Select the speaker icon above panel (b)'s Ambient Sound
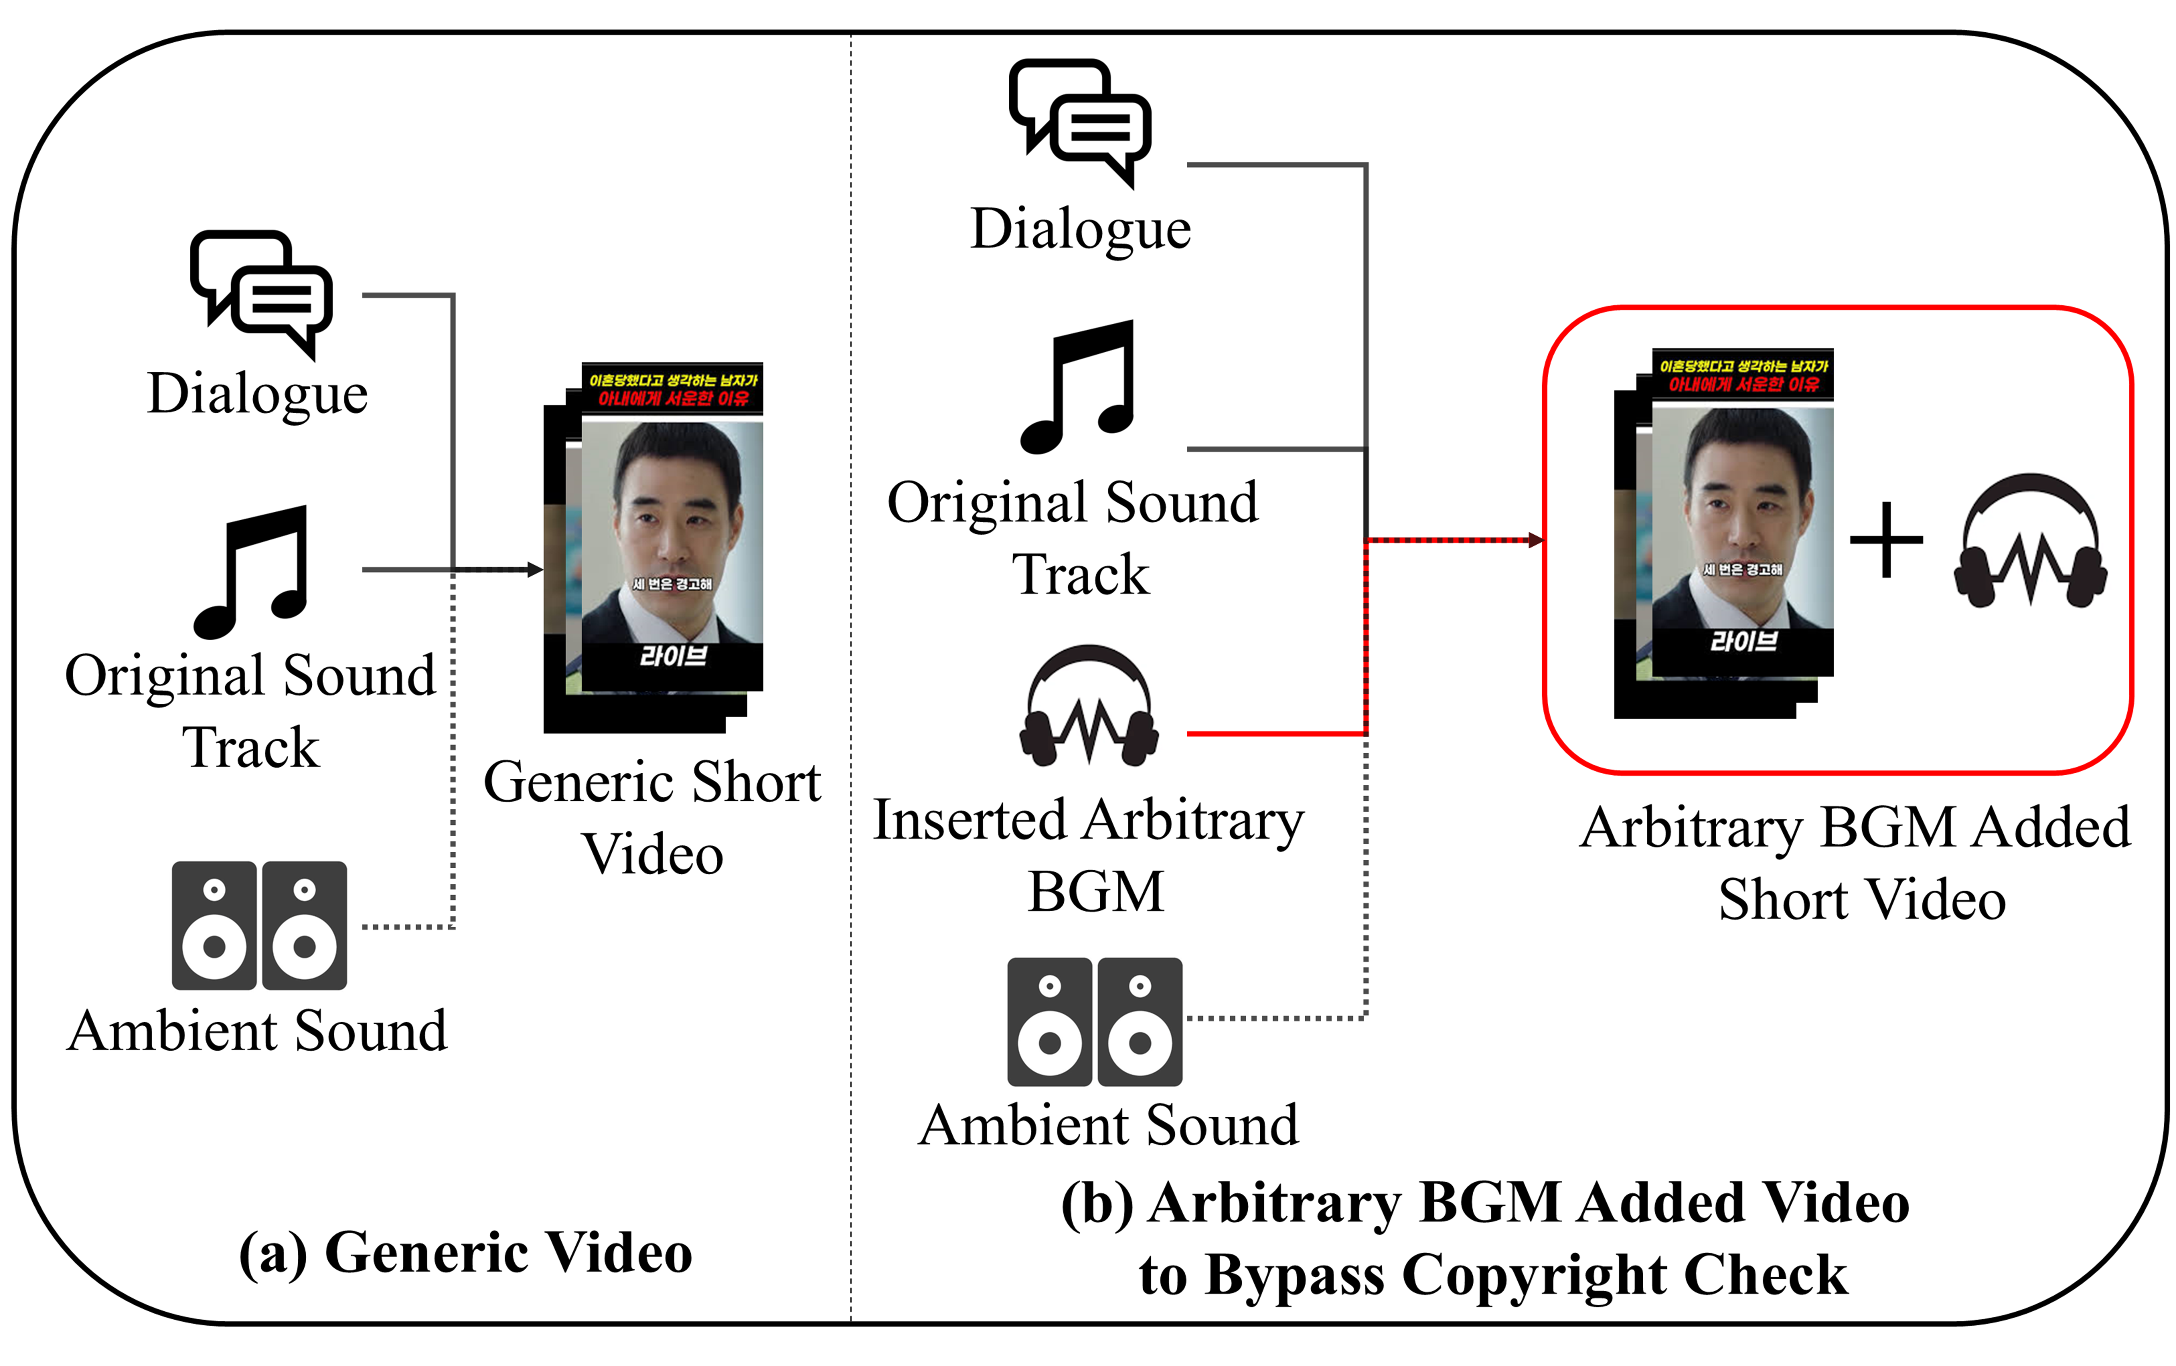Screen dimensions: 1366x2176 pyautogui.click(x=1094, y=1022)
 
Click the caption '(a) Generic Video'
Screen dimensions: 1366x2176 pyautogui.click(x=465, y=1253)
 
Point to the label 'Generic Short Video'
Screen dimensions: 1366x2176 pyautogui.click(x=653, y=818)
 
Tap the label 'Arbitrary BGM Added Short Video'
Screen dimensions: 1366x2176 pyautogui.click(x=1855, y=863)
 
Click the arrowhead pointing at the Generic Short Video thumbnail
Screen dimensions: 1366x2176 pyautogui.click(x=535, y=570)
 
